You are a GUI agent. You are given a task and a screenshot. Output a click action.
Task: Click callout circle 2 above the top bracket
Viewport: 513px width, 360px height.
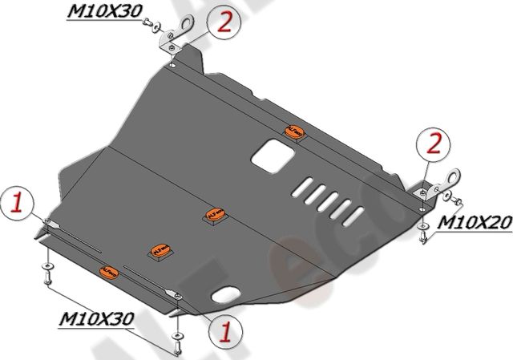pyautogui.click(x=224, y=22)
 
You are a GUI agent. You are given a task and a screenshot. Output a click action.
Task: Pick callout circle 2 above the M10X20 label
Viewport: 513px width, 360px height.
pyautogui.click(x=434, y=145)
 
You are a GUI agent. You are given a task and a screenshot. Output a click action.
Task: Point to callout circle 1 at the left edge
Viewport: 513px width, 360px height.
pyautogui.click(x=18, y=205)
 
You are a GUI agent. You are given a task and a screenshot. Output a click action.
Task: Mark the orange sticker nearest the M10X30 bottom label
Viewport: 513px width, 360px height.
pyautogui.click(x=110, y=271)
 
